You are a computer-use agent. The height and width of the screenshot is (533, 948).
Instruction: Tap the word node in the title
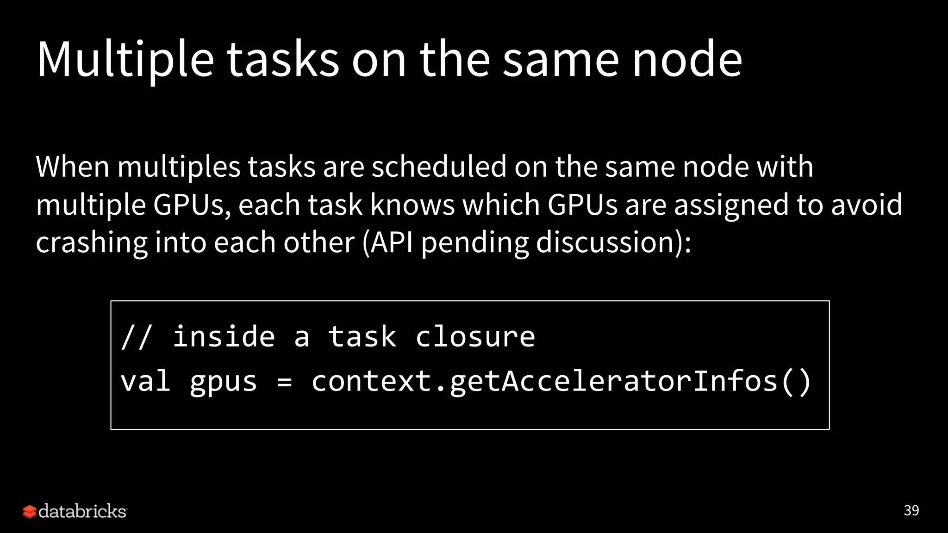coord(687,59)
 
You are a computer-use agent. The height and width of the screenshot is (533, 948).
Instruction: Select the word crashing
coord(92,243)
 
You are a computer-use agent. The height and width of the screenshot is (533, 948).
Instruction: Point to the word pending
coord(474,243)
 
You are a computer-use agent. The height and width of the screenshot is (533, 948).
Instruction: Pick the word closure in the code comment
coord(475,337)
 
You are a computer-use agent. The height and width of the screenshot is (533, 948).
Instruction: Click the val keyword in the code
coord(145,381)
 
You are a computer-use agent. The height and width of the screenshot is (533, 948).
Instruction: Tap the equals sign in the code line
coord(284,382)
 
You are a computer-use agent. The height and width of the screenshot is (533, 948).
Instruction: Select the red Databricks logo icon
coord(29,511)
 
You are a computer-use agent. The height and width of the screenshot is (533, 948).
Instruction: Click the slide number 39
coord(911,510)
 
